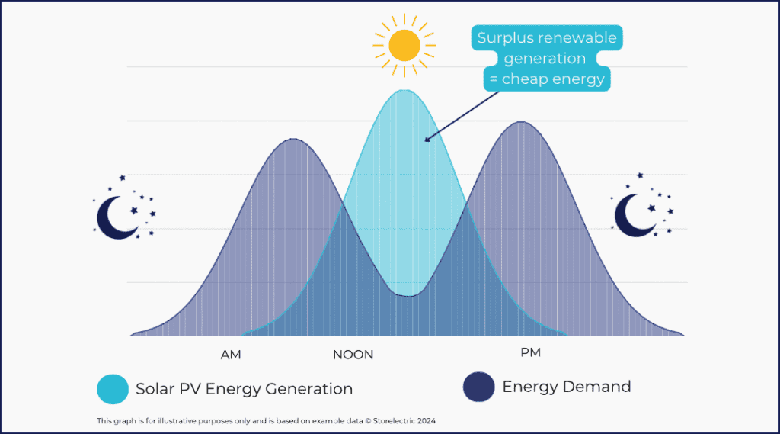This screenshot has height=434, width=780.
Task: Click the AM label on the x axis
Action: click(231, 354)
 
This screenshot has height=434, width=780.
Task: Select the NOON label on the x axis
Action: click(353, 355)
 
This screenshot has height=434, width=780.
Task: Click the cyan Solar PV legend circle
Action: click(113, 389)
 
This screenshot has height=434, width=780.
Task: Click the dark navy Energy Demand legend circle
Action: click(479, 387)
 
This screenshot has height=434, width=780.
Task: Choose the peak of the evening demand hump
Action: click(522, 122)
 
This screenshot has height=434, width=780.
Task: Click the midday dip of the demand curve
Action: click(409, 295)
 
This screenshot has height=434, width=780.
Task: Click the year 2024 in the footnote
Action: click(425, 421)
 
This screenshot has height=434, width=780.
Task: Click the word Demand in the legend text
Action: click(596, 387)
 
